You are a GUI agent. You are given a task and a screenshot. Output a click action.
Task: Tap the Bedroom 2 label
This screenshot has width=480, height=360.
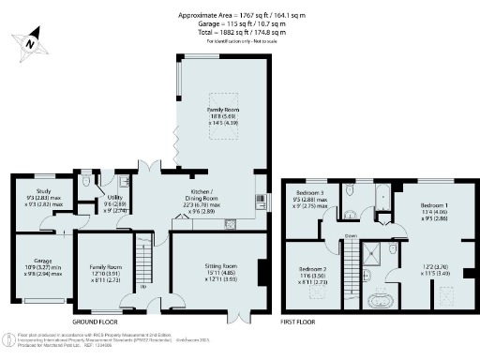(x=314, y=273)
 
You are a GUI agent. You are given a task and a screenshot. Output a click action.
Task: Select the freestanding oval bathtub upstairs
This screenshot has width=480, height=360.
(x=381, y=301)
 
